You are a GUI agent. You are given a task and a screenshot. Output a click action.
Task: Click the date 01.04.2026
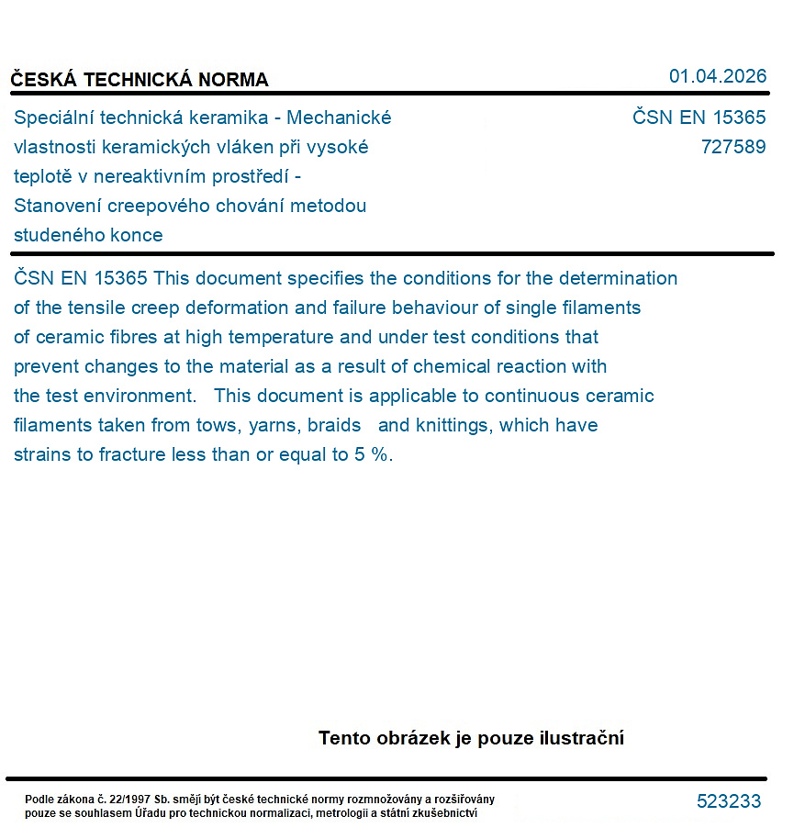(717, 76)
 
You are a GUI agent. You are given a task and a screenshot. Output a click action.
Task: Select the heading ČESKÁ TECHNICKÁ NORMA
(140, 80)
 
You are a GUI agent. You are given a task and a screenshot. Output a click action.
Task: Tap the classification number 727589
(732, 147)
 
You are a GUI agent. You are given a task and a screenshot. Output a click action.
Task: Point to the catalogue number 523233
(729, 801)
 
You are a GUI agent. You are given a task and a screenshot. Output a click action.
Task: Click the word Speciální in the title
(53, 117)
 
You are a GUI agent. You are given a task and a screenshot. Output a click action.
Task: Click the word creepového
(168, 206)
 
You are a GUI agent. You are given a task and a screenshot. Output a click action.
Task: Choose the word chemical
(450, 366)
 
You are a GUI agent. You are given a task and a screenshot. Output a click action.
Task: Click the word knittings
(452, 425)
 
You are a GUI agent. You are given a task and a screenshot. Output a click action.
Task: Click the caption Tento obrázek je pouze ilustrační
(471, 738)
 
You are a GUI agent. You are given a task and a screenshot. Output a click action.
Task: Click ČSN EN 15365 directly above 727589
(699, 117)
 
